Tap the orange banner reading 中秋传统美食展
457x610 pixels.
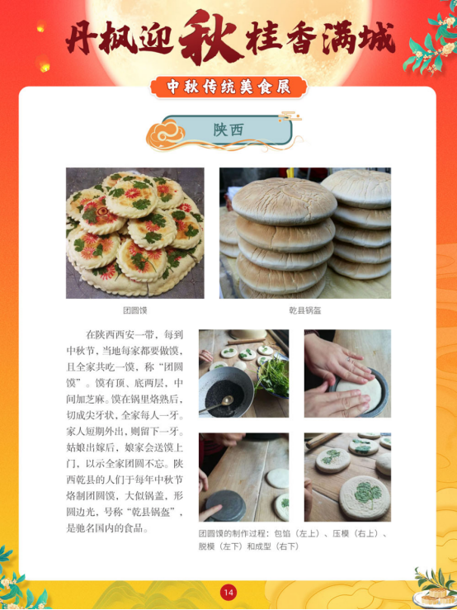[228, 87]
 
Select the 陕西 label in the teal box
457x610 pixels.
[228, 130]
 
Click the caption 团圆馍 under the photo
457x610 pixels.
[135, 310]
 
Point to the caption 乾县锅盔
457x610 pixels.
[305, 310]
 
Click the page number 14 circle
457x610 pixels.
[228, 593]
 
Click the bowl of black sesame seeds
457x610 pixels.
[225, 391]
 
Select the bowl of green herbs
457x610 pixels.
[273, 376]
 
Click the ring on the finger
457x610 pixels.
[348, 360]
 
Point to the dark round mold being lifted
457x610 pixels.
[225, 505]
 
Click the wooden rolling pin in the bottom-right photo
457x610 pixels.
[323, 441]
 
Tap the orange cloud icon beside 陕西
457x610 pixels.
[165, 135]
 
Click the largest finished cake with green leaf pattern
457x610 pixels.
[365, 498]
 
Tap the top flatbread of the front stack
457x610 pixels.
[285, 201]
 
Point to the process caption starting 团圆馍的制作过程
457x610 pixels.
[293, 540]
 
